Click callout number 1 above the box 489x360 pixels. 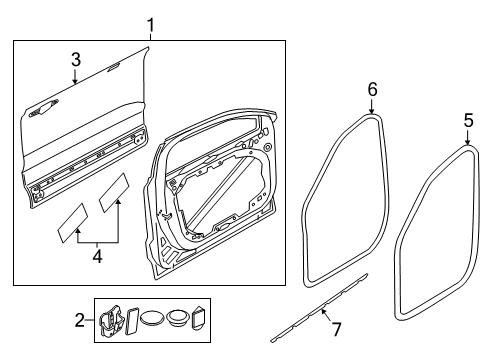click(x=150, y=23)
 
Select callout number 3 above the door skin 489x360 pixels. click(x=74, y=61)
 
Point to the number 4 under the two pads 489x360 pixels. click(x=96, y=255)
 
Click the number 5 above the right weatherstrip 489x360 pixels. click(x=467, y=120)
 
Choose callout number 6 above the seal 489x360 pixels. click(x=372, y=90)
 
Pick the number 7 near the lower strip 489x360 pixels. click(x=337, y=329)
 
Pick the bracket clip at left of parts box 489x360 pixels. click(x=108, y=320)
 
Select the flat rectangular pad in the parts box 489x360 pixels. click(x=129, y=320)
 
